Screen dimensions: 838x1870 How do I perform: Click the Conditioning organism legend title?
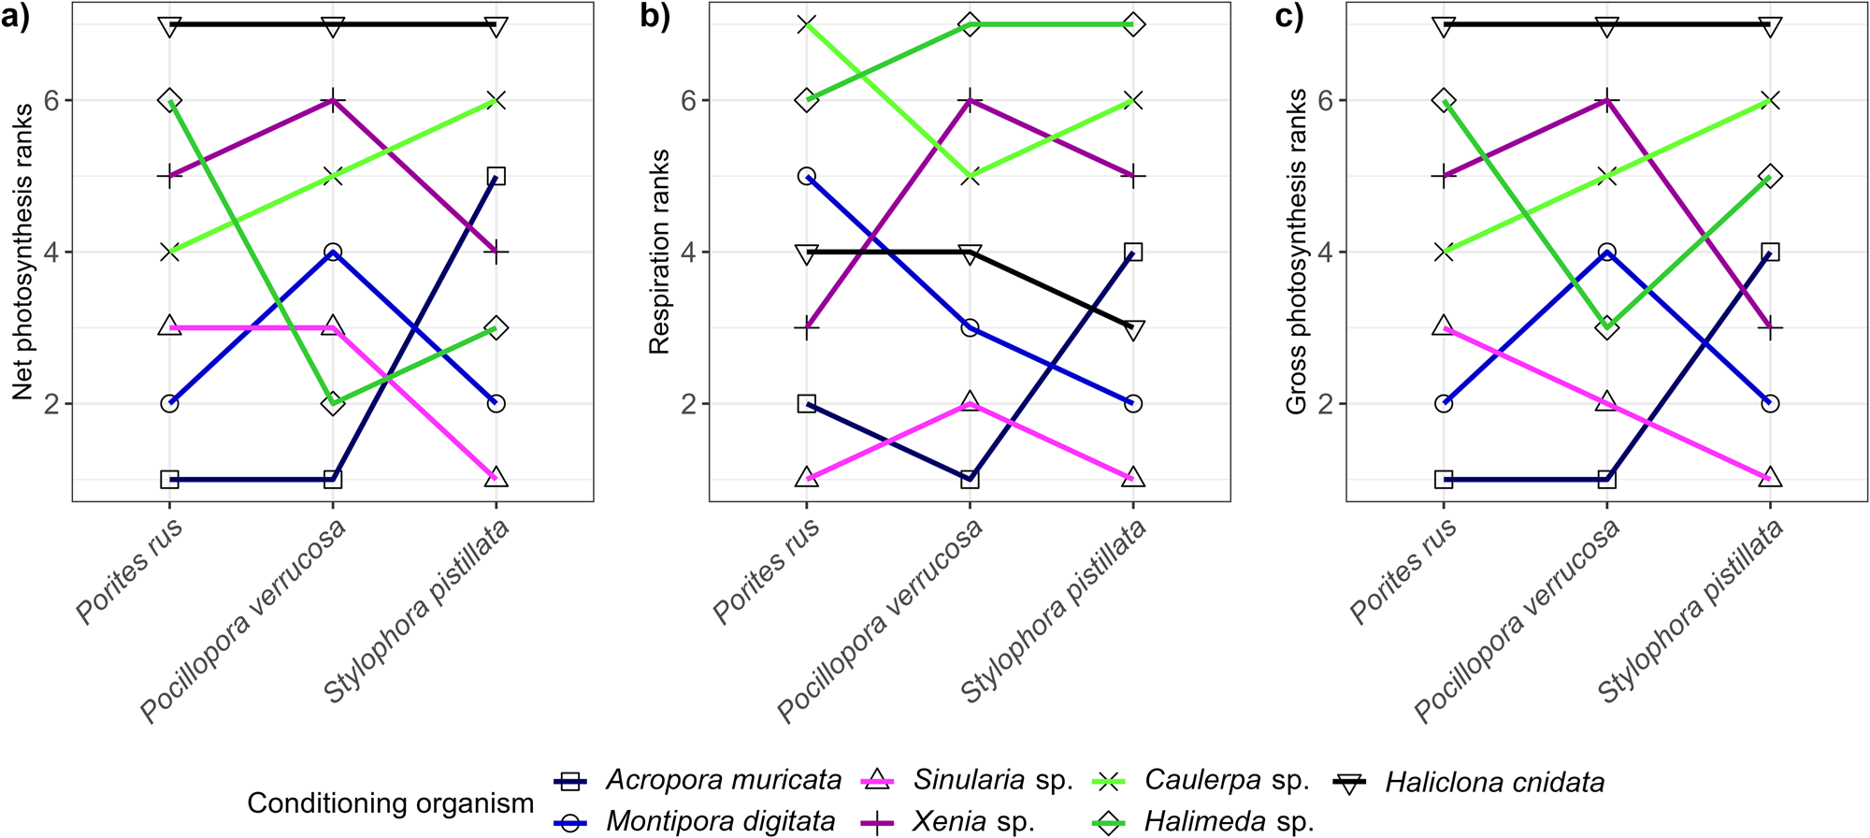click(390, 802)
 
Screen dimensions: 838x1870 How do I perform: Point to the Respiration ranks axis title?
click(659, 252)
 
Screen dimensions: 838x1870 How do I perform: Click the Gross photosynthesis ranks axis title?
click(1296, 252)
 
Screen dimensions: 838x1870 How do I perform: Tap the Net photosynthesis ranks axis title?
click(23, 252)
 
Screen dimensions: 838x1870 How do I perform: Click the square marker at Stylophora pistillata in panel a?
click(496, 176)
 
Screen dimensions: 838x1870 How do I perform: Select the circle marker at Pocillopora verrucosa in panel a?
click(333, 252)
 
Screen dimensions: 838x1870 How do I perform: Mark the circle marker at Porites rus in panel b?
click(807, 176)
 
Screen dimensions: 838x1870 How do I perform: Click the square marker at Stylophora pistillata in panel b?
click(1133, 252)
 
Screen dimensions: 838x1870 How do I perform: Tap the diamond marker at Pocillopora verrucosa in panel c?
click(1606, 327)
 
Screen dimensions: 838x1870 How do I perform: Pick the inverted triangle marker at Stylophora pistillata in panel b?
click(1133, 329)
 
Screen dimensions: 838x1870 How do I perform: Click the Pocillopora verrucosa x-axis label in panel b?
click(880, 621)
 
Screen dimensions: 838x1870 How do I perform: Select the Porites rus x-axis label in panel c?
click(1402, 571)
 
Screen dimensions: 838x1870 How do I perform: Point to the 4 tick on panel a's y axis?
click(54, 253)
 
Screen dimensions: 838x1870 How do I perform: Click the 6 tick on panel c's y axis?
click(1326, 101)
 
